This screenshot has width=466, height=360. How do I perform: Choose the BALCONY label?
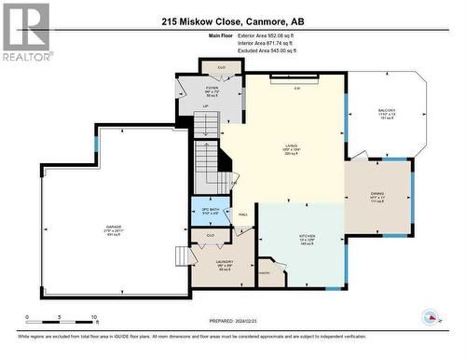(388, 111)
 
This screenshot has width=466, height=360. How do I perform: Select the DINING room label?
(377, 195)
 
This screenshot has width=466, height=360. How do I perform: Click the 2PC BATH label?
(211, 210)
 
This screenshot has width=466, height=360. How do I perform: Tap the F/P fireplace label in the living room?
(296, 89)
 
